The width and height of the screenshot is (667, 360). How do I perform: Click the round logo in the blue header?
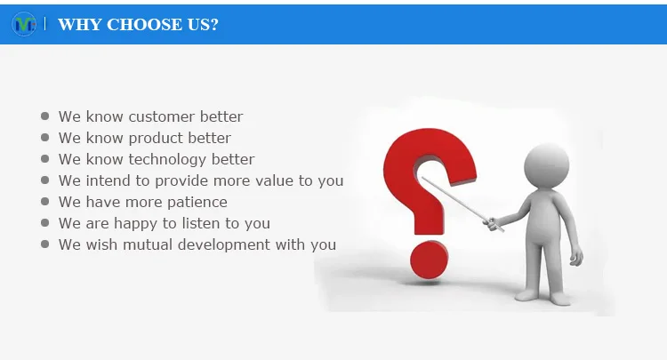click(24, 24)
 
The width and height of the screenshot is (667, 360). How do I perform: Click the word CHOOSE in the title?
click(144, 25)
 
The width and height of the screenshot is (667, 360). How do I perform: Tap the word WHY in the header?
click(80, 25)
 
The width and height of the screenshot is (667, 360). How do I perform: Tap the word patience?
click(197, 203)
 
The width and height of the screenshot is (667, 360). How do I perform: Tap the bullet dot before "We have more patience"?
click(44, 202)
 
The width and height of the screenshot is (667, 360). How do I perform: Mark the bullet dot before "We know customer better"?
click(44, 116)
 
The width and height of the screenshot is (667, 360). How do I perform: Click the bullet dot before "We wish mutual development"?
click(44, 244)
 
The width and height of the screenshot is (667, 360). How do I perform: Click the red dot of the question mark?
click(430, 260)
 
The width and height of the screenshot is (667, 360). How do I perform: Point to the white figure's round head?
click(547, 165)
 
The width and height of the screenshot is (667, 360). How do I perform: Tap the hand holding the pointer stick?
click(491, 224)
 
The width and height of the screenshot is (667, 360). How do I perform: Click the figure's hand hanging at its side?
click(576, 257)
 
